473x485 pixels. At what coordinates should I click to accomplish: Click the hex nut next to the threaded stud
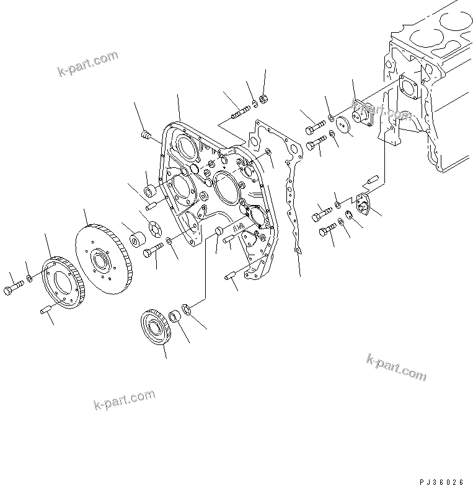click(262, 98)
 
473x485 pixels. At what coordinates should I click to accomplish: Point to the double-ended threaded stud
click(240, 112)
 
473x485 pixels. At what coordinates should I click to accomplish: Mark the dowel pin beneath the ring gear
click(46, 311)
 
